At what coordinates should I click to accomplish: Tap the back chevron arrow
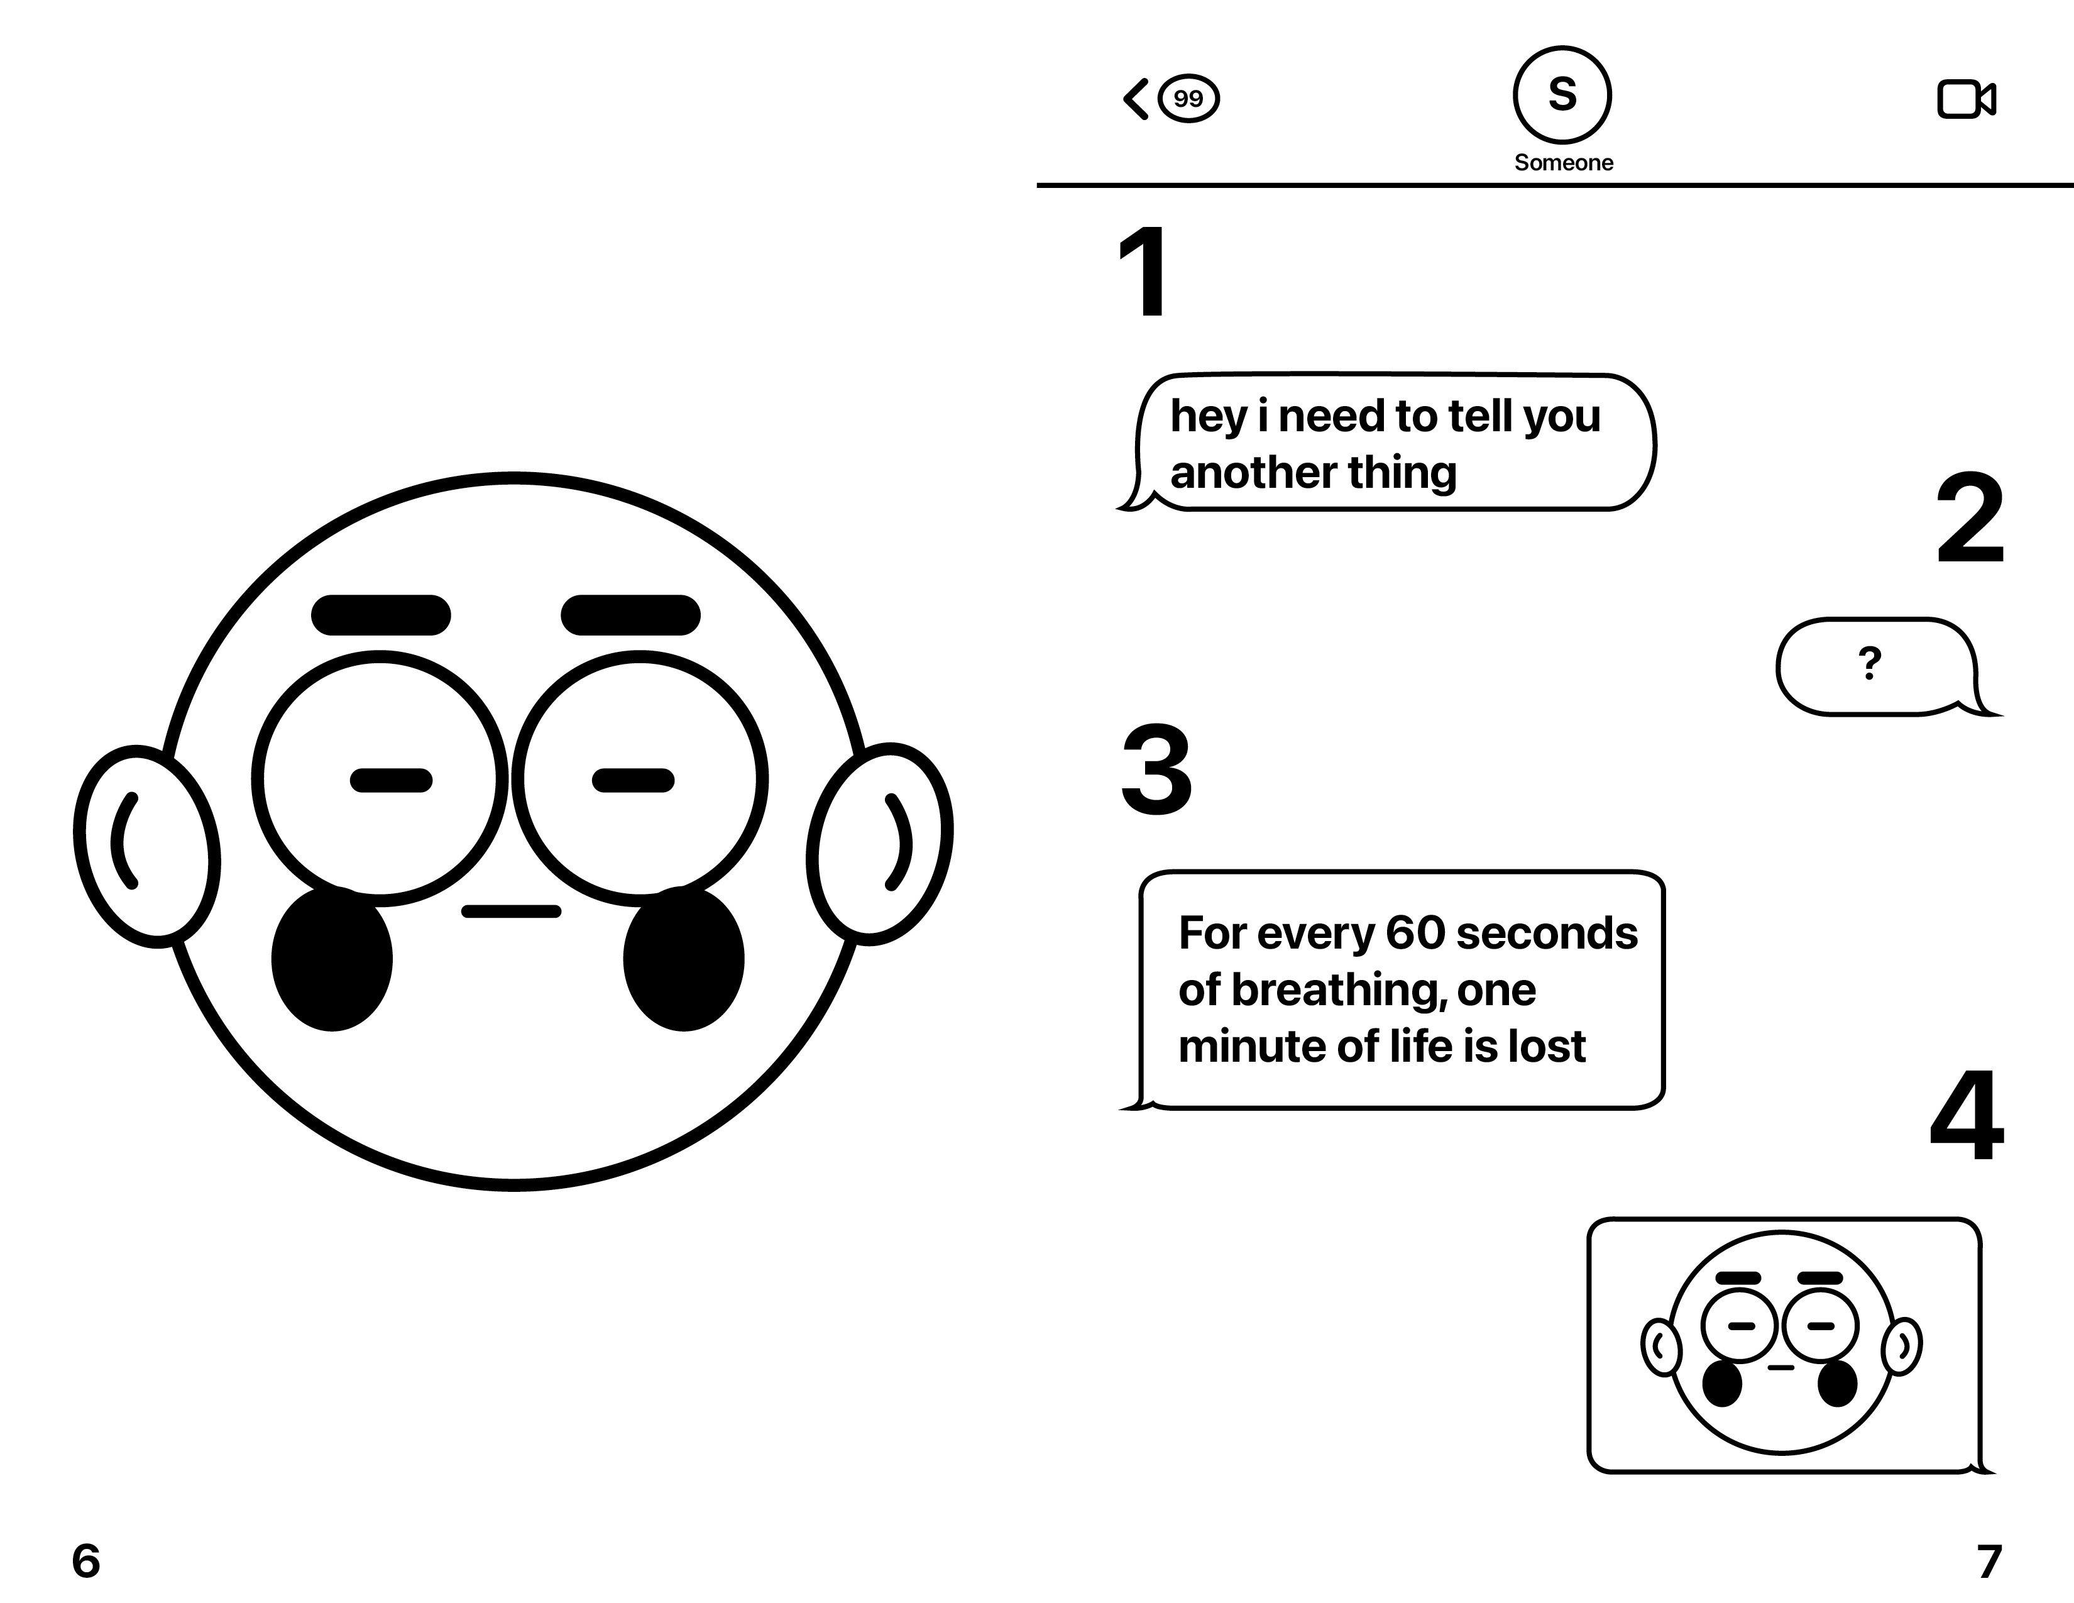[1136, 99]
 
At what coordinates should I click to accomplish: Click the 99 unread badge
[1188, 99]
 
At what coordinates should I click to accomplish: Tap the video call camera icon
[1966, 99]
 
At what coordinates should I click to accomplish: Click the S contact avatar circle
[1562, 95]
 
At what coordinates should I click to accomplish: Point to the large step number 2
[1970, 519]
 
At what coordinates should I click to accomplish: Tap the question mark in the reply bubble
[1870, 663]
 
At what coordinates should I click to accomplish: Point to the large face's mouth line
[511, 912]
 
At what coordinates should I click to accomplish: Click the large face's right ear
[879, 843]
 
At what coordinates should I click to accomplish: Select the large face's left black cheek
[331, 959]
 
